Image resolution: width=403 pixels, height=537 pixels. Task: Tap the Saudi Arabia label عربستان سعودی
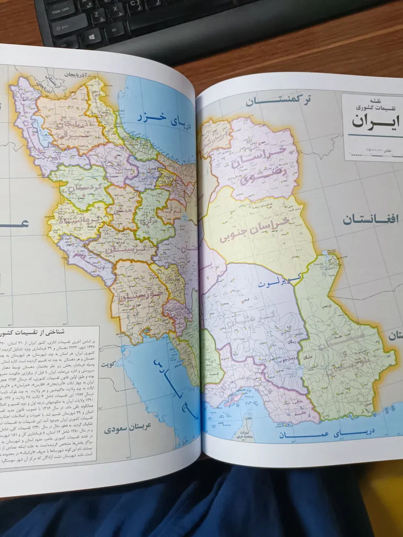coord(128,427)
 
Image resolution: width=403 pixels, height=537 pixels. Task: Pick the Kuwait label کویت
coord(110,363)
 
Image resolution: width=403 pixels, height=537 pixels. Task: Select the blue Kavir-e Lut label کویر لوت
coord(275,283)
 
